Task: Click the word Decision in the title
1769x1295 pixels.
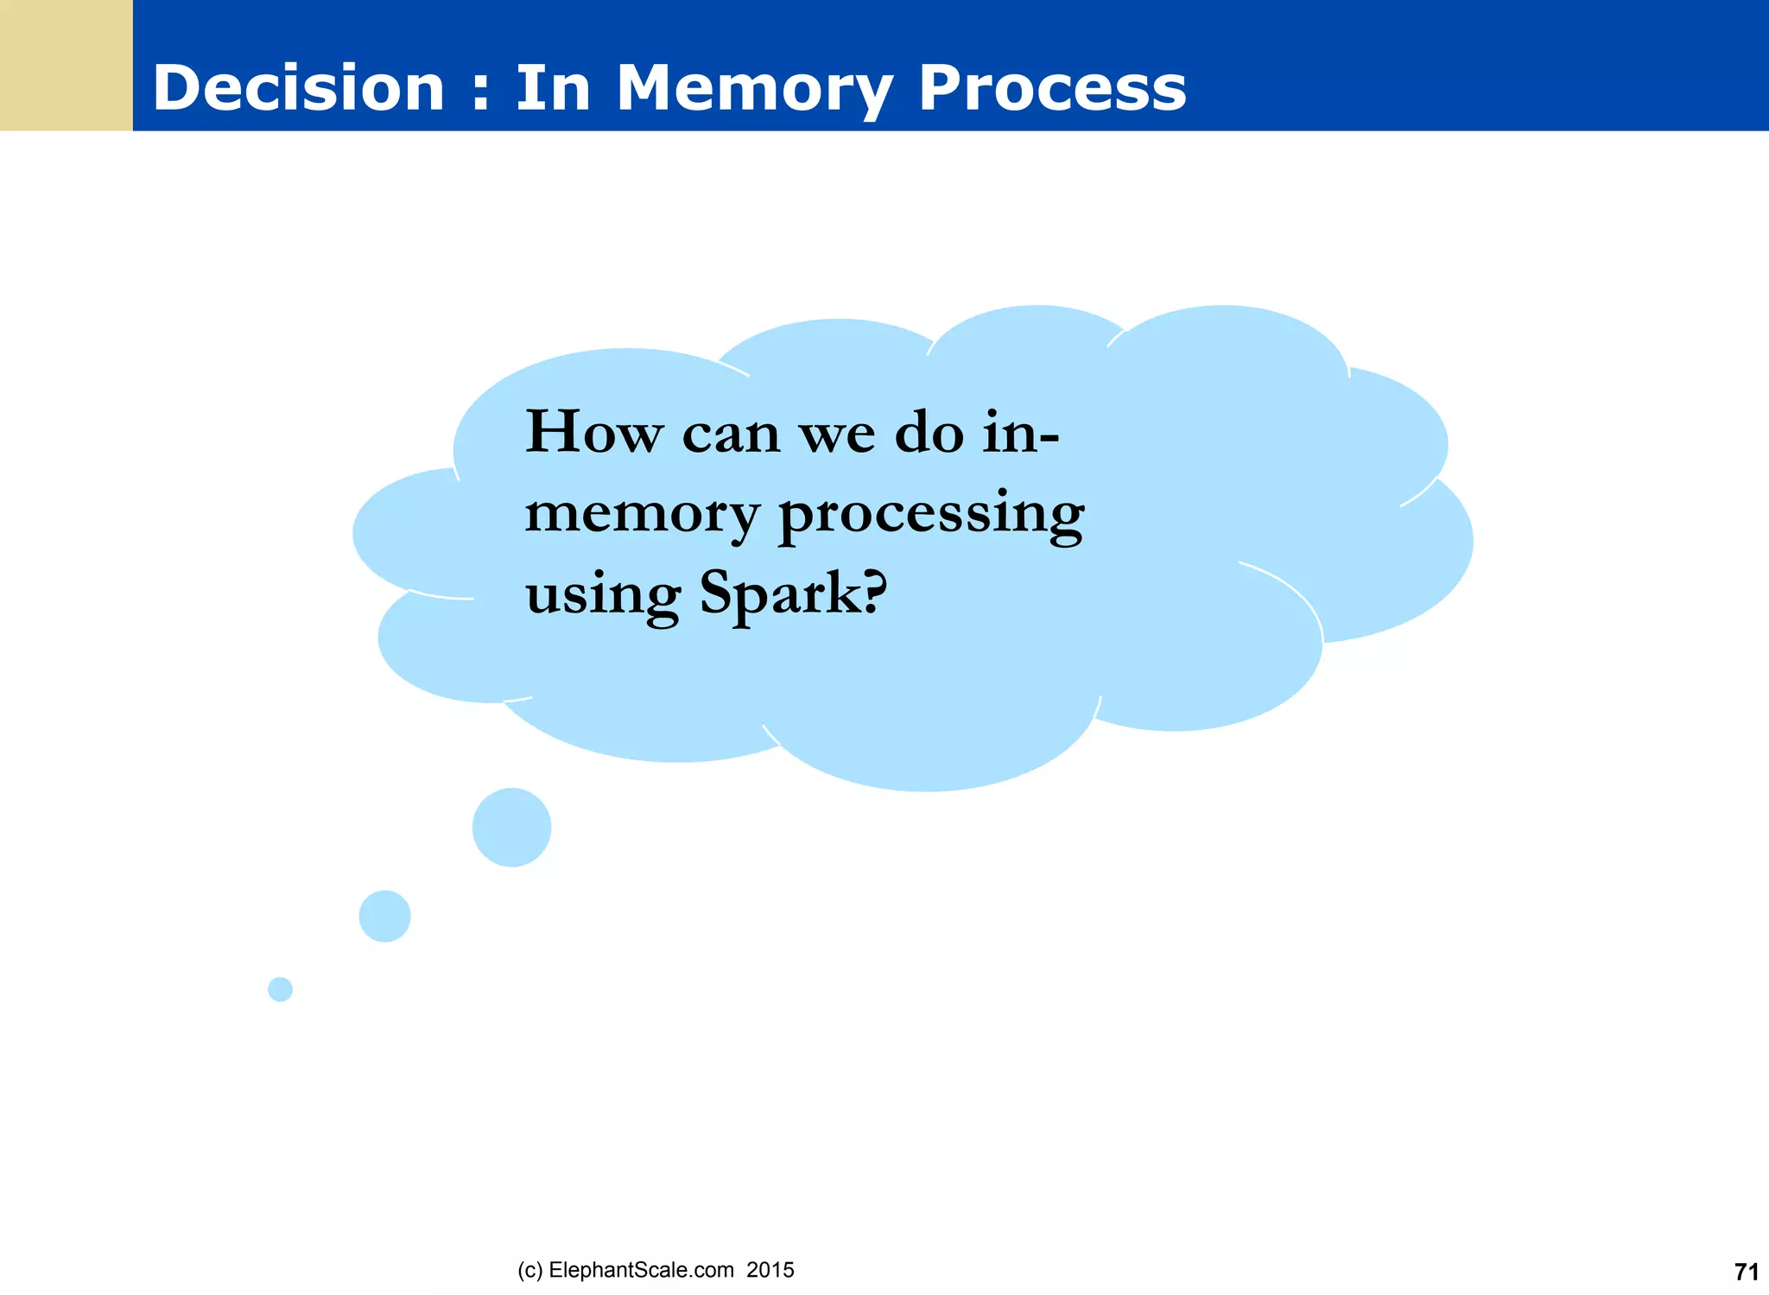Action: pos(298,88)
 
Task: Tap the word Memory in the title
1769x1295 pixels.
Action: pos(754,88)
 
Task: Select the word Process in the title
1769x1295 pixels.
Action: pos(1051,88)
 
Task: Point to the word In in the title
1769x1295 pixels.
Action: pos(553,88)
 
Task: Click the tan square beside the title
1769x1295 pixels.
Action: pos(66,66)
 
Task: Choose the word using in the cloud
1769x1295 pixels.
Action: pos(603,596)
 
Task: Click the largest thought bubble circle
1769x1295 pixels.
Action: pos(511,827)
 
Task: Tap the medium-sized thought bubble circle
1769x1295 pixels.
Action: pos(384,916)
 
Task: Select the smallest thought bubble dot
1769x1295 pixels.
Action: pos(280,989)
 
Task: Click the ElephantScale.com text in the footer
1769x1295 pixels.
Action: pos(641,1270)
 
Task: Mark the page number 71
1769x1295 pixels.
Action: pos(1746,1272)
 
